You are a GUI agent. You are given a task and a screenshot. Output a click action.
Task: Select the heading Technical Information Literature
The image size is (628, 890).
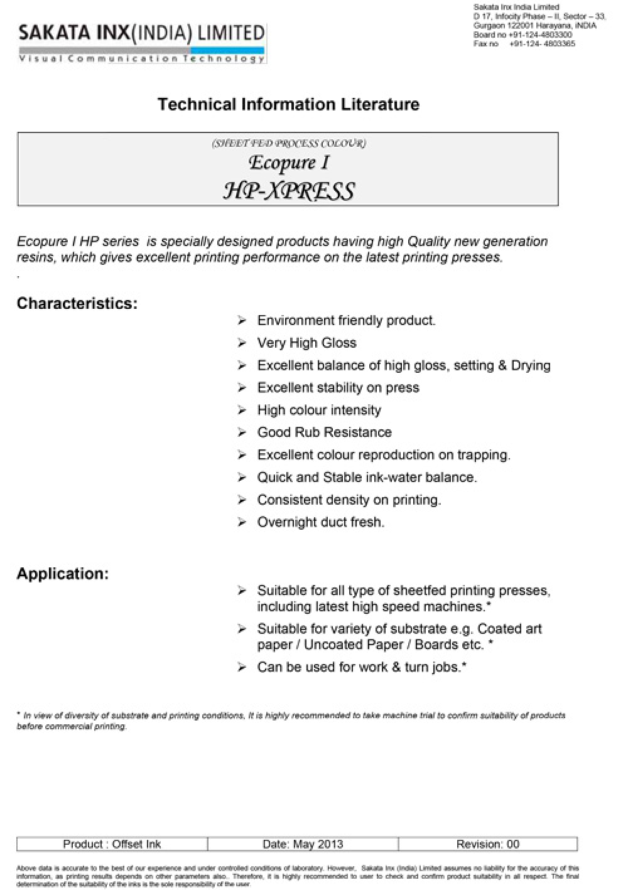[288, 104]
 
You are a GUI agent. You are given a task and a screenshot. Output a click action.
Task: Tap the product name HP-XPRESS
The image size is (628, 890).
[289, 191]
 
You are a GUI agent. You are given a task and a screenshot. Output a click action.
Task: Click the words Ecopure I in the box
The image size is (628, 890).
[289, 163]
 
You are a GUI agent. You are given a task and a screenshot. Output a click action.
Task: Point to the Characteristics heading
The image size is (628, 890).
[77, 304]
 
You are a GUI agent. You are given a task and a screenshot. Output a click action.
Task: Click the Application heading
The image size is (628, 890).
[62, 574]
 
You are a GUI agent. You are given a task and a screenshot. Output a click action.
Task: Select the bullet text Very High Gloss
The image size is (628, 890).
[306, 343]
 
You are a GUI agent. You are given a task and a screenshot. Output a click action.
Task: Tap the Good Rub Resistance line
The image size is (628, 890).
[324, 432]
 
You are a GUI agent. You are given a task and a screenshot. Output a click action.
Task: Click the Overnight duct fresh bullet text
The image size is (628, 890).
[320, 522]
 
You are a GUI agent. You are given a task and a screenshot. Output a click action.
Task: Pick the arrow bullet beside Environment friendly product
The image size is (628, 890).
[242, 321]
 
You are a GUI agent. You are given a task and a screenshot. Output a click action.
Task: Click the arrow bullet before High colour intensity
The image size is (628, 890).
[242, 410]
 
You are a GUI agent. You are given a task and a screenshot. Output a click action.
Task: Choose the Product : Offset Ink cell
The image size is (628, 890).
[112, 844]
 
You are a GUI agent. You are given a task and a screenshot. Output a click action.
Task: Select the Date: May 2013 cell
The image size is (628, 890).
[303, 844]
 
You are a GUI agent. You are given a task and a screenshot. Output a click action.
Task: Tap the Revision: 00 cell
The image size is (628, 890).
[487, 844]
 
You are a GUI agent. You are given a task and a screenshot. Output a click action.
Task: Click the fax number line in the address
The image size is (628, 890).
[524, 44]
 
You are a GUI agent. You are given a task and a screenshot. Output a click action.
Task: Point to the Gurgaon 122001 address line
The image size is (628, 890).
[534, 26]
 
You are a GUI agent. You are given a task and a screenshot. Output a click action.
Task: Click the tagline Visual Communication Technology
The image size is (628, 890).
[142, 59]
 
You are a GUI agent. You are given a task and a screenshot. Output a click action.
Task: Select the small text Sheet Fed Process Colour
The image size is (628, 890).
[289, 143]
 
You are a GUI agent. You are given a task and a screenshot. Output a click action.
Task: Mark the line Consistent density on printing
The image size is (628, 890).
[349, 500]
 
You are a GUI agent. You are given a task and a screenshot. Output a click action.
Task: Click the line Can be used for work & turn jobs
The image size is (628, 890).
[362, 667]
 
